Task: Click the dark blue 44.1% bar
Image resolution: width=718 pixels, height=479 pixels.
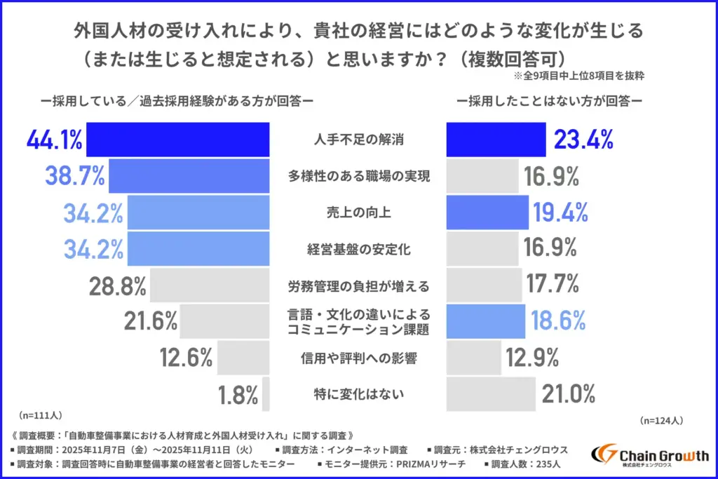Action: (177, 139)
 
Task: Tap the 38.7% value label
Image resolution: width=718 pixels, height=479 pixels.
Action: (75, 176)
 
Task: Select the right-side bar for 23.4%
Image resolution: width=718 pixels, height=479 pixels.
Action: (496, 139)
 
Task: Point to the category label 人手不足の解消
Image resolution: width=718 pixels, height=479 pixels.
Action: (358, 140)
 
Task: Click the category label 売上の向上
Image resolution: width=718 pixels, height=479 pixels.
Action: (358, 212)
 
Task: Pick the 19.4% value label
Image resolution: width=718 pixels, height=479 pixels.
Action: (560, 212)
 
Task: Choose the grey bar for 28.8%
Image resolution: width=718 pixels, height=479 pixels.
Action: (210, 285)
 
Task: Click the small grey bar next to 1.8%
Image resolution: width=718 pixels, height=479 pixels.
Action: (266, 396)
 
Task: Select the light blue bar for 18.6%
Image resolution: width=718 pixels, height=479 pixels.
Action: (485, 322)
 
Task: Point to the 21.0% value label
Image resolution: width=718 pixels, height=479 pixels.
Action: (569, 395)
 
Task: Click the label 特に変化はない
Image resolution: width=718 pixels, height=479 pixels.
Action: (358, 396)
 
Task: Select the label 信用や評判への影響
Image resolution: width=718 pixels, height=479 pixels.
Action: (358, 359)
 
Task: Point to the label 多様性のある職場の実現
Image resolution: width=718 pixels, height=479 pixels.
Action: (358, 176)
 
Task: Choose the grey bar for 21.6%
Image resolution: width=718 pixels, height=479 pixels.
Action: (224, 322)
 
